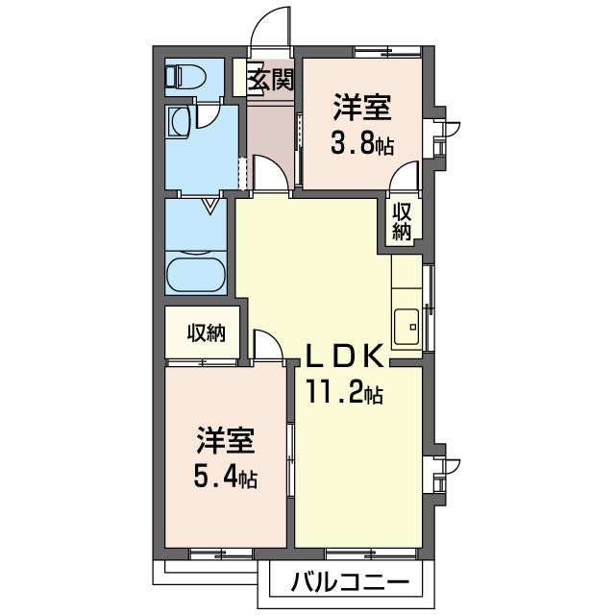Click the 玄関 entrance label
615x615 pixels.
270,80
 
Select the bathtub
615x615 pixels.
196,272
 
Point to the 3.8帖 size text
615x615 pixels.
362,146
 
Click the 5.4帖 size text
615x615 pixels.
227,476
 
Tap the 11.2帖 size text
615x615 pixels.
344,392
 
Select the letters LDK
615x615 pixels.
345,356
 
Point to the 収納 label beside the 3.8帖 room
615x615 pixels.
403,222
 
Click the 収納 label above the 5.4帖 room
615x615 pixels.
206,332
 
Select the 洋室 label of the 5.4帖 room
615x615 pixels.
226,442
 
